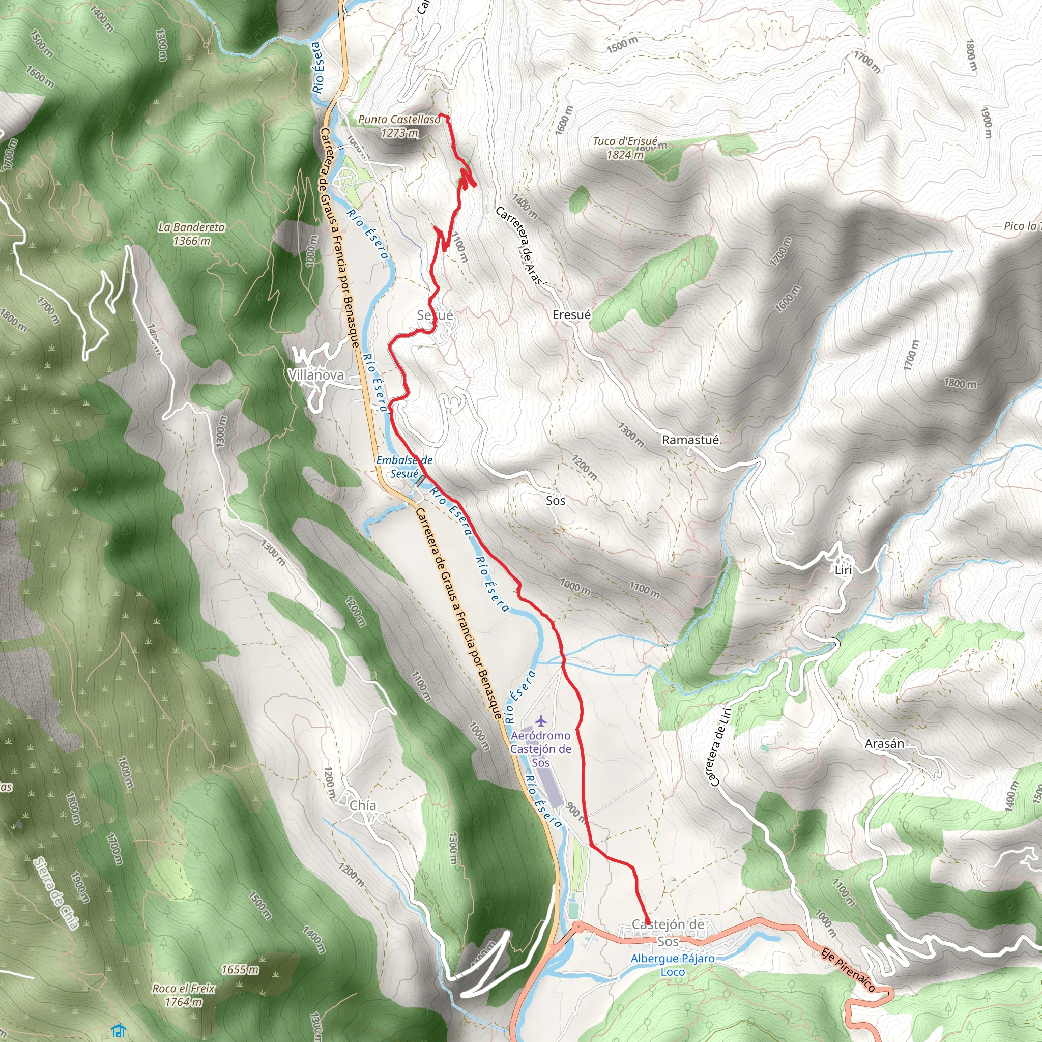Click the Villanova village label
point(315,375)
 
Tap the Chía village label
point(362,805)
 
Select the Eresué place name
point(572,315)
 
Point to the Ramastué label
point(690,440)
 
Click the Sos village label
point(556,501)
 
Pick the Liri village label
point(843,570)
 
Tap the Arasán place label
point(884,744)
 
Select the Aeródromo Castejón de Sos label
point(541,748)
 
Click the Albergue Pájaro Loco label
point(673,965)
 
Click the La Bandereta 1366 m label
point(191,234)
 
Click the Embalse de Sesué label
point(404,467)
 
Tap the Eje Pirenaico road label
point(847,969)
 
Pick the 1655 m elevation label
point(240,970)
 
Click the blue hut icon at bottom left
point(119,1031)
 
